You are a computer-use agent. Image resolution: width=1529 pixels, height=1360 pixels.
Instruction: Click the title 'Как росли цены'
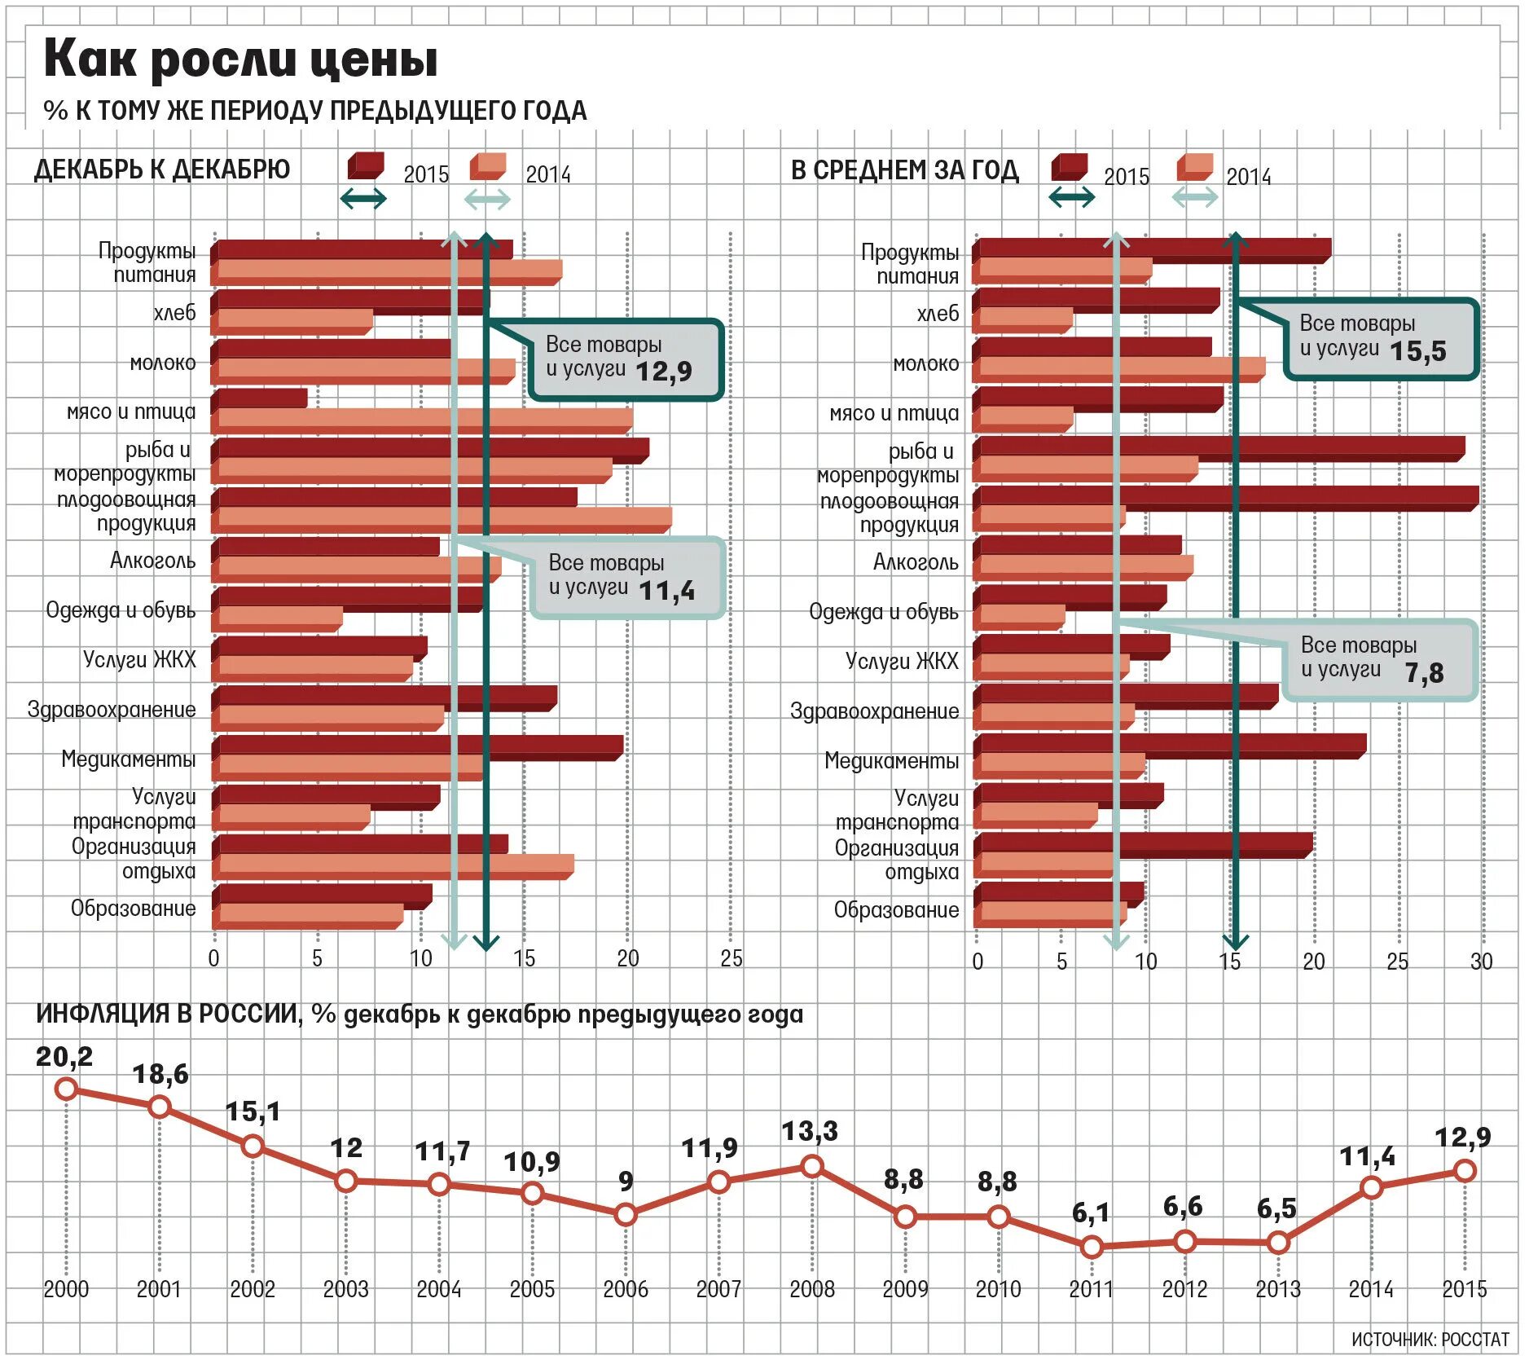tap(240, 59)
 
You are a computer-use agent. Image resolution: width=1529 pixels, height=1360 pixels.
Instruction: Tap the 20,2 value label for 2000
tap(64, 1057)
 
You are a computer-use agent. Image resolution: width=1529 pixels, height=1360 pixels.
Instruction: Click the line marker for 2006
tap(626, 1215)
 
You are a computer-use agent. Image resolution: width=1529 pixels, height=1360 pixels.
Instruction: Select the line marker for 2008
tap(812, 1167)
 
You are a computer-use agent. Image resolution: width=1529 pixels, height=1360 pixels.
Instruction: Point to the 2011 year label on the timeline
tap(1091, 1289)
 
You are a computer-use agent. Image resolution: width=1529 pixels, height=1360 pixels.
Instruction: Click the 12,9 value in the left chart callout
tap(664, 372)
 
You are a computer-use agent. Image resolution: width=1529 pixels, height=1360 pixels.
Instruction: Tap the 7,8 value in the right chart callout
tap(1424, 673)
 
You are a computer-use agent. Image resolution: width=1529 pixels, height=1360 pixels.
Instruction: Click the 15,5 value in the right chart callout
tap(1418, 351)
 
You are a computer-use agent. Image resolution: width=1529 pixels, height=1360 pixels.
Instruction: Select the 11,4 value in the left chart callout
tap(667, 591)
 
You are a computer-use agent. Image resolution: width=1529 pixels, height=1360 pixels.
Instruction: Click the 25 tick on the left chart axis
tap(731, 959)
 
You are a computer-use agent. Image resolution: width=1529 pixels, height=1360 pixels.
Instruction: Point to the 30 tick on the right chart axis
tap(1481, 962)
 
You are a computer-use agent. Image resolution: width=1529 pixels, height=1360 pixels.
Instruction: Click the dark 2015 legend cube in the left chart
tap(365, 166)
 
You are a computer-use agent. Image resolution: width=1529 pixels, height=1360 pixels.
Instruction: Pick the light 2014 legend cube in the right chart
tap(1194, 167)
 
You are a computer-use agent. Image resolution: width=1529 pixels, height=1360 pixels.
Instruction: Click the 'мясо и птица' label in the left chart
tap(131, 412)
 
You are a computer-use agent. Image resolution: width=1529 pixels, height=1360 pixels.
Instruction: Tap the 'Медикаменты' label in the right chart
tap(891, 761)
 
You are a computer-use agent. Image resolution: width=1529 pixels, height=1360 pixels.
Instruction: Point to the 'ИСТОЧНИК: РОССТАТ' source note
tap(1430, 1340)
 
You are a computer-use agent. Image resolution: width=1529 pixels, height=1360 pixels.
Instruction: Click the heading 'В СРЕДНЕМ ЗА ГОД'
tap(904, 169)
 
